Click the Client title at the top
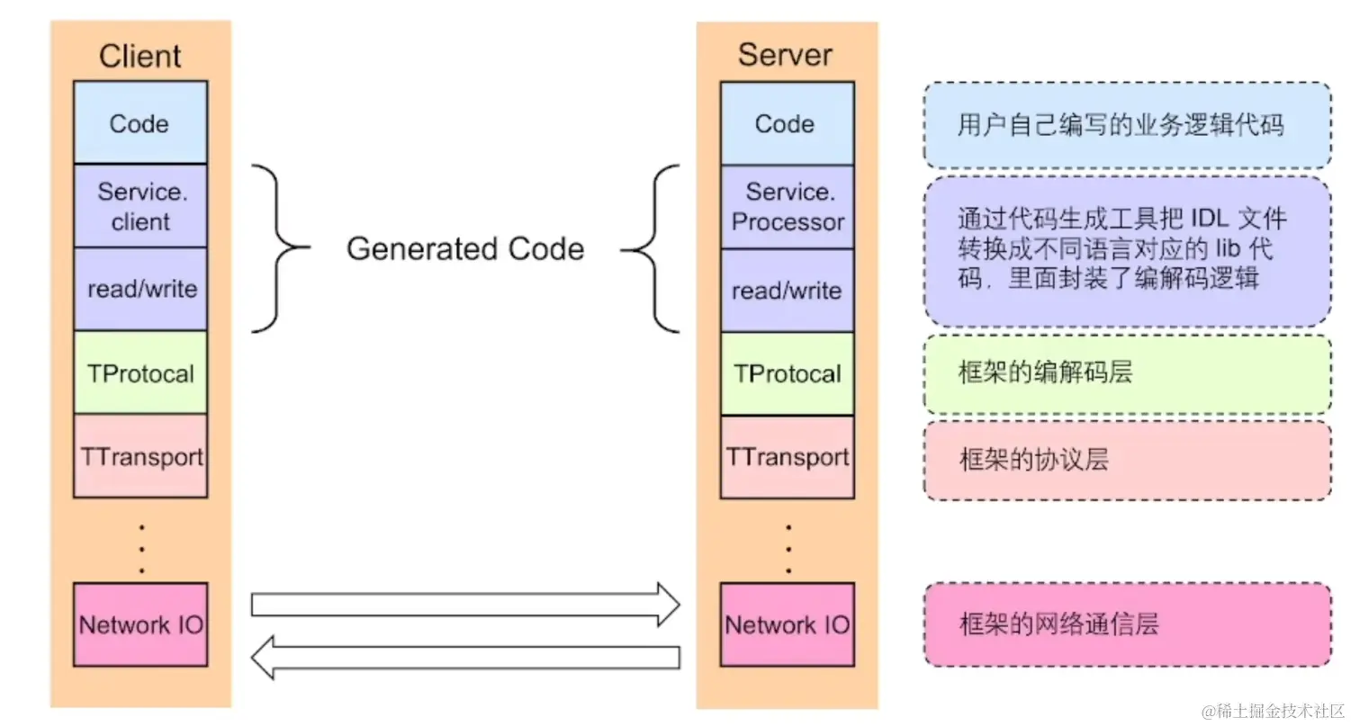coord(140,56)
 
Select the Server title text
coord(786,55)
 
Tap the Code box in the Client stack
coord(140,123)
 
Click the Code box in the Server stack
coord(786,124)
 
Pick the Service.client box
coord(140,206)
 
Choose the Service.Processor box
coord(787,207)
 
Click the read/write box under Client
coord(140,289)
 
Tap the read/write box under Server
coord(787,291)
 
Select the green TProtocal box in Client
coord(140,372)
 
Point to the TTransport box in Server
coord(787,457)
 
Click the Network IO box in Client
coord(140,624)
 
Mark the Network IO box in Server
coord(787,624)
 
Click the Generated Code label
coord(465,249)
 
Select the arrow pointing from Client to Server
coord(464,604)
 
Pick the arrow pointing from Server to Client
coord(464,659)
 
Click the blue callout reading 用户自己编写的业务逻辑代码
coord(1127,125)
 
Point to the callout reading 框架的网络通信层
coord(1127,624)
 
